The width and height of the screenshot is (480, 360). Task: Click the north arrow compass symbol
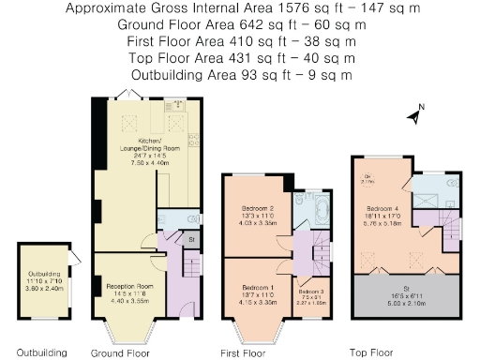tap(413, 116)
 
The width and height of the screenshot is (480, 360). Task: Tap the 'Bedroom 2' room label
tap(257, 208)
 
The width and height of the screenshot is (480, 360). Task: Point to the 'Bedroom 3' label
tap(310, 292)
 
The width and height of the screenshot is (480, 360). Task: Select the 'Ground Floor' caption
tap(120, 353)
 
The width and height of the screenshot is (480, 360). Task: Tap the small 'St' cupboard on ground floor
tap(190, 240)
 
